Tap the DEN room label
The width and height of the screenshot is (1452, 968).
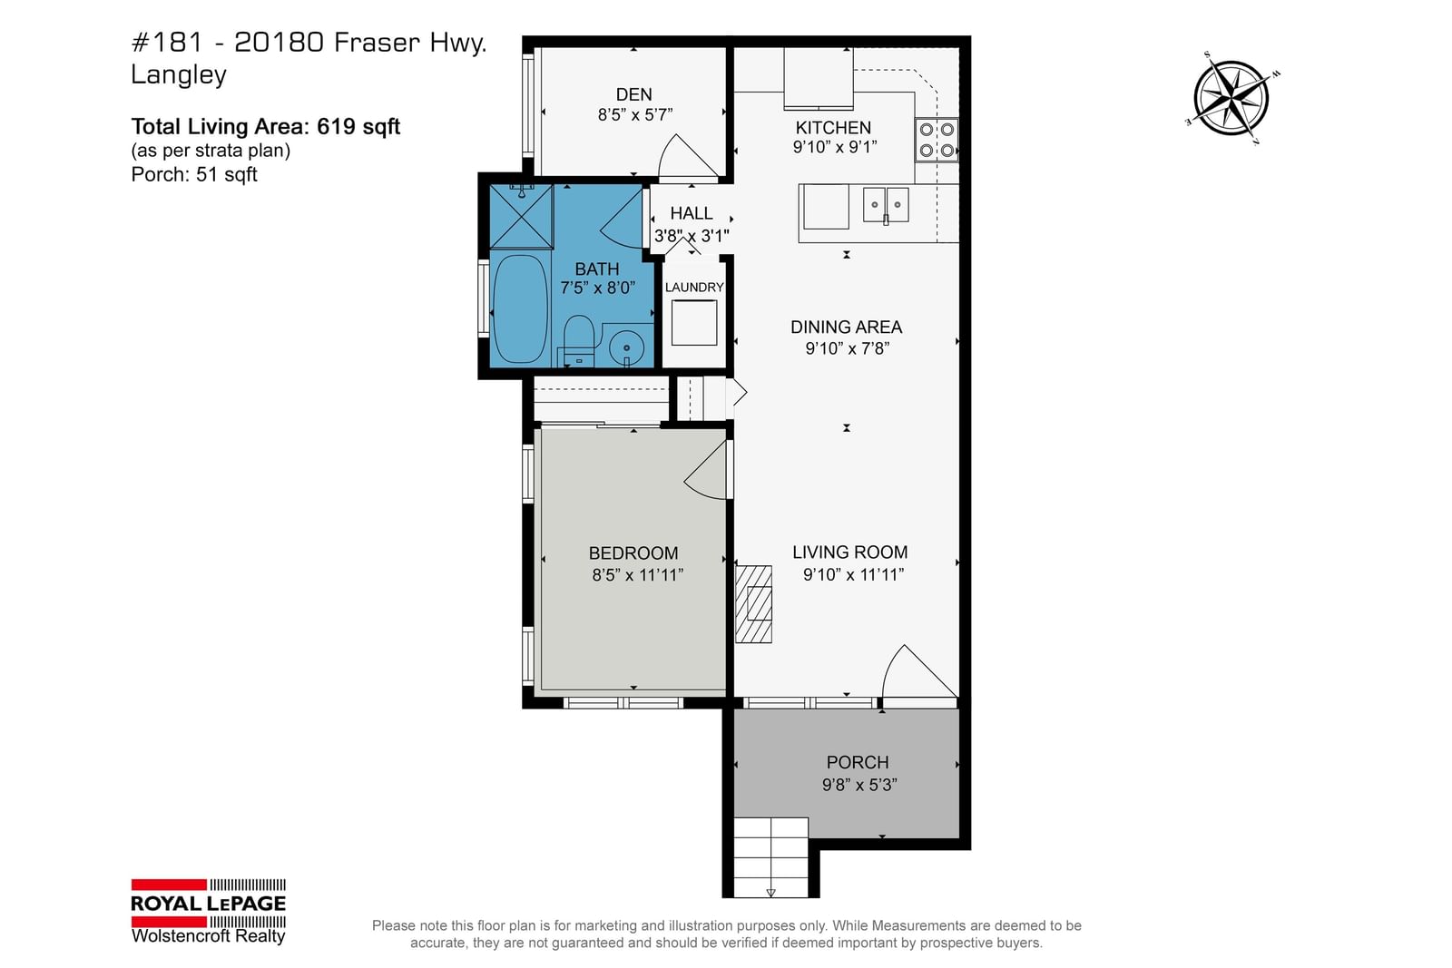pyautogui.click(x=634, y=94)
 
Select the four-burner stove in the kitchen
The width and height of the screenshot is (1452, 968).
pyautogui.click(x=937, y=140)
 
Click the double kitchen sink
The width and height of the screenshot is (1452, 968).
pyautogui.click(x=886, y=205)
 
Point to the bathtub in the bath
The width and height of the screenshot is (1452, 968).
pyautogui.click(x=521, y=308)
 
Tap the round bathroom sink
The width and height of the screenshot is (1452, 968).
pyautogui.click(x=626, y=348)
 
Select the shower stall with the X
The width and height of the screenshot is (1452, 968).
pyautogui.click(x=521, y=217)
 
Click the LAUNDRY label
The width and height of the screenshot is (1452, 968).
pyautogui.click(x=694, y=287)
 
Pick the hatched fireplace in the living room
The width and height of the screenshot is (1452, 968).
pyautogui.click(x=753, y=604)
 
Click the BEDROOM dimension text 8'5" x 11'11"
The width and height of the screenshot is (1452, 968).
pyautogui.click(x=637, y=574)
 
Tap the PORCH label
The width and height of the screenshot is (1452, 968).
pyautogui.click(x=858, y=762)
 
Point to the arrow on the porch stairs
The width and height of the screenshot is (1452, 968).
pyautogui.click(x=770, y=893)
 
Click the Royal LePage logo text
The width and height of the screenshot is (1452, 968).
pyautogui.click(x=208, y=904)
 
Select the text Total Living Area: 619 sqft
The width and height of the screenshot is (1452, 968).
pyautogui.click(x=266, y=126)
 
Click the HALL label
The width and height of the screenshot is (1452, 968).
pyautogui.click(x=691, y=212)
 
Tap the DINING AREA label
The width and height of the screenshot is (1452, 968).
pyautogui.click(x=847, y=327)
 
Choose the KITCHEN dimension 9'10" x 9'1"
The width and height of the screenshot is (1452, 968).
pyautogui.click(x=835, y=147)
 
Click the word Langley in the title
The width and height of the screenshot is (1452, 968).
pyautogui.click(x=179, y=75)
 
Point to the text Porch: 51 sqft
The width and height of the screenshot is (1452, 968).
pyautogui.click(x=194, y=174)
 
